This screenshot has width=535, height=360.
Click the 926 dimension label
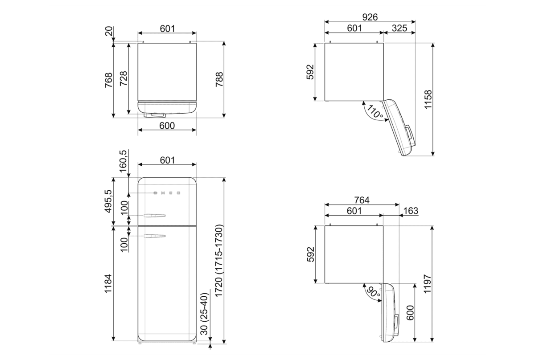tap(370, 17)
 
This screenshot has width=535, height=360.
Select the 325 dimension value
tap(399, 28)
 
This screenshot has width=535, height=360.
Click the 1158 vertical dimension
tap(428, 100)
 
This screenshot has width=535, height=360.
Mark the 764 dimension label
tap(362, 200)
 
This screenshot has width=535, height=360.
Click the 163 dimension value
tap(410, 211)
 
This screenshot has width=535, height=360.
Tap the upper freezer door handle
tap(155, 216)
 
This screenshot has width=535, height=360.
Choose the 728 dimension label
tap(123, 79)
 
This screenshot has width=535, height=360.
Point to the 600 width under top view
tap(167, 126)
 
